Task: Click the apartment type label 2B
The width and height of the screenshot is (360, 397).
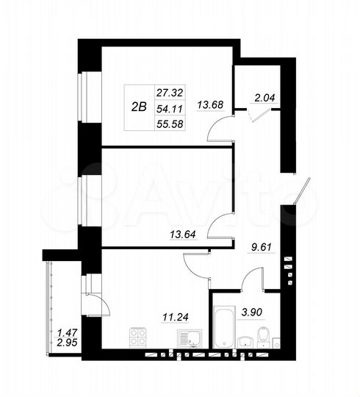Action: point(138,106)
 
